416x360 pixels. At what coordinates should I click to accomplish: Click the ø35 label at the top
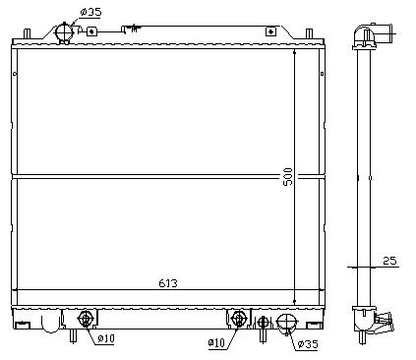tap(89, 12)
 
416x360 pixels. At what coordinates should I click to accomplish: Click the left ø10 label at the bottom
tap(104, 339)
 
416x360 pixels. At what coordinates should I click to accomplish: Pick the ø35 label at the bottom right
tap(308, 344)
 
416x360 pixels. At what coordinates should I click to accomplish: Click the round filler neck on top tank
tap(66, 32)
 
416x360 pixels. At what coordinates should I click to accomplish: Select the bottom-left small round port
tap(85, 319)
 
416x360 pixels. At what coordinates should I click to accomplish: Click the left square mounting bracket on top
tap(91, 30)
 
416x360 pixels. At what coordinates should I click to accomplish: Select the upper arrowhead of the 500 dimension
tap(293, 50)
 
